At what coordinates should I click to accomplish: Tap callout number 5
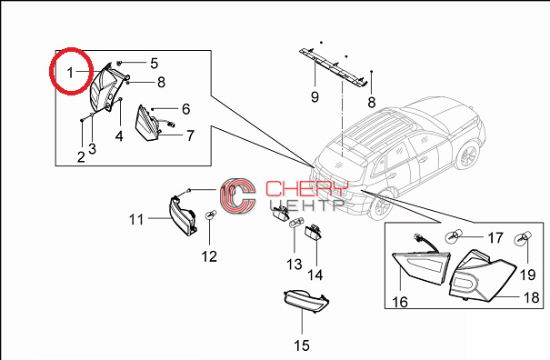pos(154,64)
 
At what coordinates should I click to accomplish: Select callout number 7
pos(190,135)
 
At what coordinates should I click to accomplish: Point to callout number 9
pos(315,96)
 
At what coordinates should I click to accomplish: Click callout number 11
pos(136,220)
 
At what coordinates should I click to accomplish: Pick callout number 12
pos(209,256)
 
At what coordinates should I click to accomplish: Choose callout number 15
pos(302,345)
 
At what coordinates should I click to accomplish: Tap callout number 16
pos(400,302)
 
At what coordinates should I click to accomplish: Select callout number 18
pos(531,297)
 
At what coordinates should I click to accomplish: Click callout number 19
pos(527,275)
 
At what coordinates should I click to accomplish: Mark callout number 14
pos(315,275)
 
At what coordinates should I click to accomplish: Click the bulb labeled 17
pos(451,237)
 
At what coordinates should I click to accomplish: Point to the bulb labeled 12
pos(210,215)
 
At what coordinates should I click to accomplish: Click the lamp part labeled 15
pos(305,301)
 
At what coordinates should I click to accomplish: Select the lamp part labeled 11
pos(183,216)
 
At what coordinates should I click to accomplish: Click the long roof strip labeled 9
pos(334,67)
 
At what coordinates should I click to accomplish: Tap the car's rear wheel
pos(380,206)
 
